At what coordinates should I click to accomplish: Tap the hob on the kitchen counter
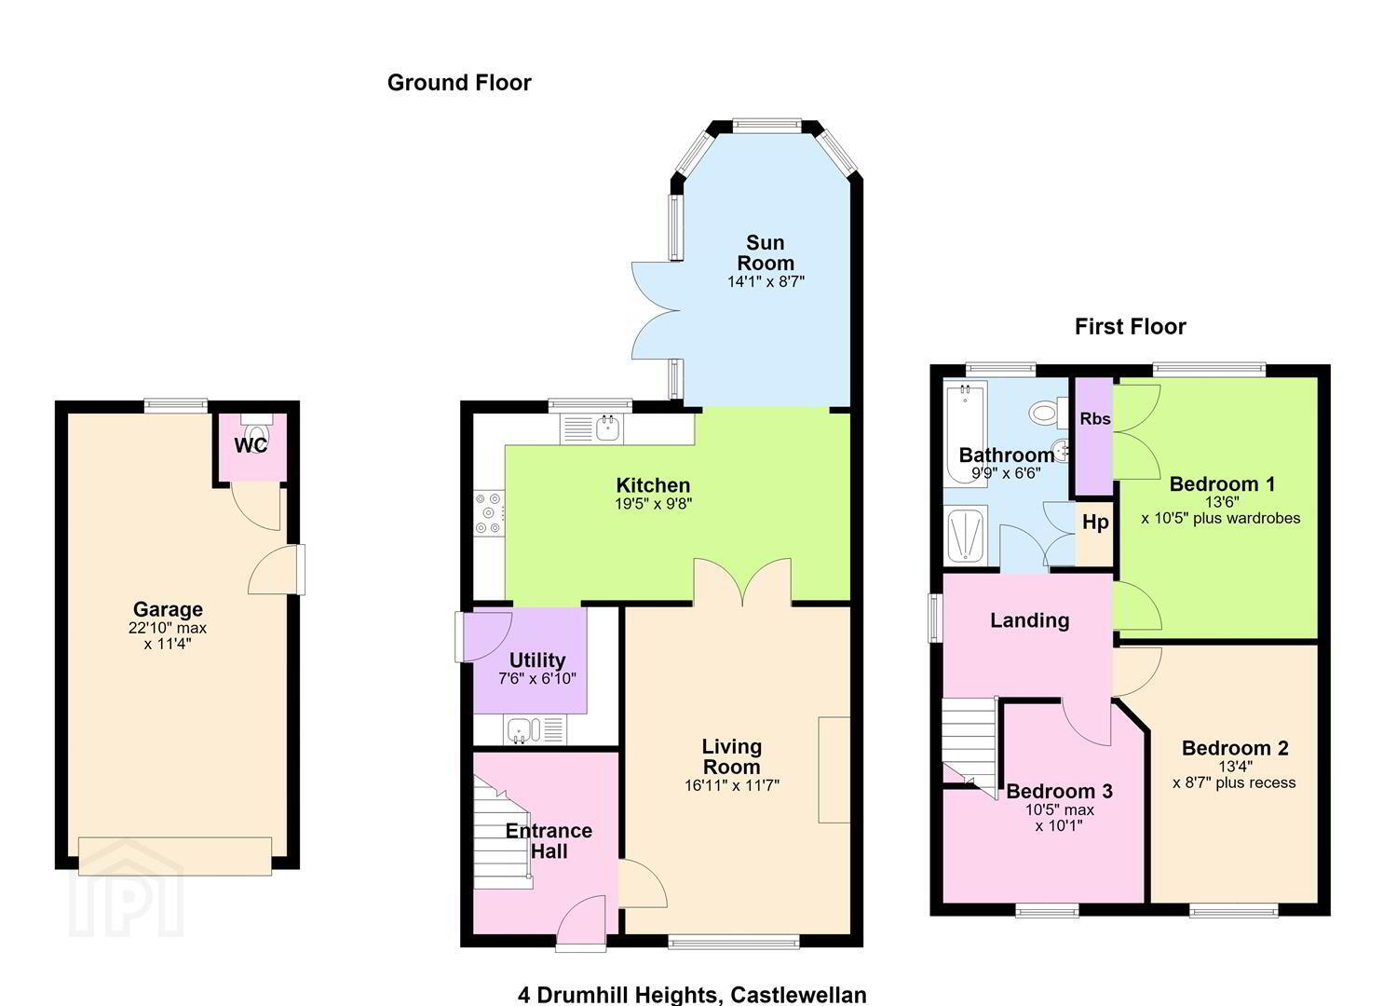coord(489,512)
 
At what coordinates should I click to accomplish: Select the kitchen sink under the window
coord(592,428)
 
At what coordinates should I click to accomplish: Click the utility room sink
coord(535,729)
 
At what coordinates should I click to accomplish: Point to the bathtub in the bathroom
coord(966,434)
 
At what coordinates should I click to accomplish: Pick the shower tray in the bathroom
coord(966,535)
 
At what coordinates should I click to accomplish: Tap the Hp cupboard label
coord(1095,523)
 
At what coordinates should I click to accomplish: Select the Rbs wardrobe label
coord(1095,419)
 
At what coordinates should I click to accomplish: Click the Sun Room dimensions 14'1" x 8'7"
coord(766,282)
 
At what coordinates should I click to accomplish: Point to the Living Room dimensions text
coord(732,785)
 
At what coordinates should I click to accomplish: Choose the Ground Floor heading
coord(459,83)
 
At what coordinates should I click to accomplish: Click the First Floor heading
coord(1131,327)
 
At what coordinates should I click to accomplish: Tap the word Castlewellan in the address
coord(798,995)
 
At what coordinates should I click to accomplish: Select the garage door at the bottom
coord(175,856)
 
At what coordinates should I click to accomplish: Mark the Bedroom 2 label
coord(1235,748)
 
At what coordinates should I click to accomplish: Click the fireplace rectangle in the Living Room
coord(834,769)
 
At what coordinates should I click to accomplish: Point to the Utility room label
coord(537,660)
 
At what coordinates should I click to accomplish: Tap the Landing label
coord(1030,620)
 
